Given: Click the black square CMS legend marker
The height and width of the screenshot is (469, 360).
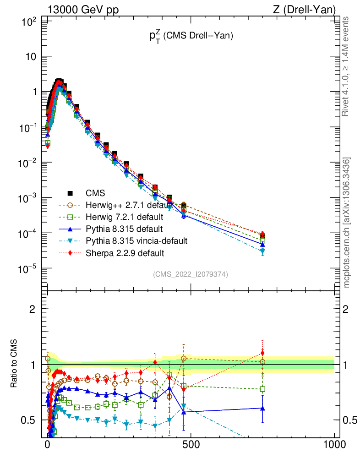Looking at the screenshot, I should coord(70,193).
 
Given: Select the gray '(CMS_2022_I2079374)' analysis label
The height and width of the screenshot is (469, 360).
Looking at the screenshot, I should coord(190,274).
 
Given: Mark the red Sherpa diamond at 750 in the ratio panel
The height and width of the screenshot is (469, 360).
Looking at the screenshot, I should coord(262,353).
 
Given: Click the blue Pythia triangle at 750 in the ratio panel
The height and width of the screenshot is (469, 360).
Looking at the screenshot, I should coord(262,408).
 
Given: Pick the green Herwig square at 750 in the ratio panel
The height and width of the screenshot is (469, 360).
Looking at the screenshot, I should coord(262,389).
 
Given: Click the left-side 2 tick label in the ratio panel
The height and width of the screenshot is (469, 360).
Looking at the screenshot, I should coord(33,309).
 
